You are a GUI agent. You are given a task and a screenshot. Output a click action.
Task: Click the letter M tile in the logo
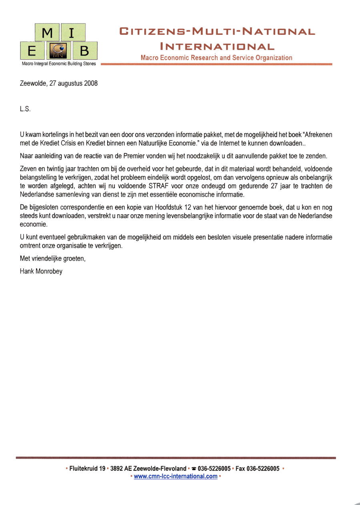47,33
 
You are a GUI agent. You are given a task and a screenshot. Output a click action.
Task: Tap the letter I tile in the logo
72,33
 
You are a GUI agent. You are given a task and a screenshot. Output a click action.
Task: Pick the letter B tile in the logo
84,51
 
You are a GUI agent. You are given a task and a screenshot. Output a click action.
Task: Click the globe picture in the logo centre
59,51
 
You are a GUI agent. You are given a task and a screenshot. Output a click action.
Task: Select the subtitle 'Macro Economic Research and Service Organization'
216,58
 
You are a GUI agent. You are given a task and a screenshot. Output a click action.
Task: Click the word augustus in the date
70,84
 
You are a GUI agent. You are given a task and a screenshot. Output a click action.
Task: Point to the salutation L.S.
25,109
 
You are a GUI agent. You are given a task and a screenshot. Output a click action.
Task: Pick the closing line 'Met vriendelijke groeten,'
53,259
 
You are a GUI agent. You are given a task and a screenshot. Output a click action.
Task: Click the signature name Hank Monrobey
41,271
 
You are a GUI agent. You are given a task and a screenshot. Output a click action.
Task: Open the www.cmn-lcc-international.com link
176,476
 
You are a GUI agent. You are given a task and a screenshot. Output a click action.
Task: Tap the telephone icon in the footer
194,469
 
